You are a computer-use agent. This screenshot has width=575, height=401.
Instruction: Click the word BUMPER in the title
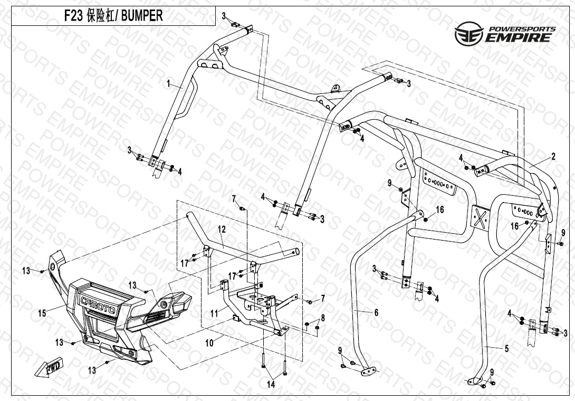tap(142, 16)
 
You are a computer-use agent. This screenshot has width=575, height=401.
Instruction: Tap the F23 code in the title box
tap(74, 16)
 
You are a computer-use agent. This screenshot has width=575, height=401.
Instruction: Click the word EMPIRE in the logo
tap(520, 37)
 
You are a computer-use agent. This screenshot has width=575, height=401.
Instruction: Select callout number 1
tap(169, 83)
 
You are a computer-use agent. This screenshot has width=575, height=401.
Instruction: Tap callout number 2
tap(553, 156)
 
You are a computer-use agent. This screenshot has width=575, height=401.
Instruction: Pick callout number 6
tap(376, 312)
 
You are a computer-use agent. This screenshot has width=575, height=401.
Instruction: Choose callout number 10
tap(209, 343)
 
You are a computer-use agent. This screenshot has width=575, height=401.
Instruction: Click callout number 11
tap(214, 313)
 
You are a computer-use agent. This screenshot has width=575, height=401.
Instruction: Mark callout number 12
tap(222, 230)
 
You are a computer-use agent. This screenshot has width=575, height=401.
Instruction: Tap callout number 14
tap(271, 385)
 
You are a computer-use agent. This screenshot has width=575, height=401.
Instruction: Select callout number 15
tap(42, 313)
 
